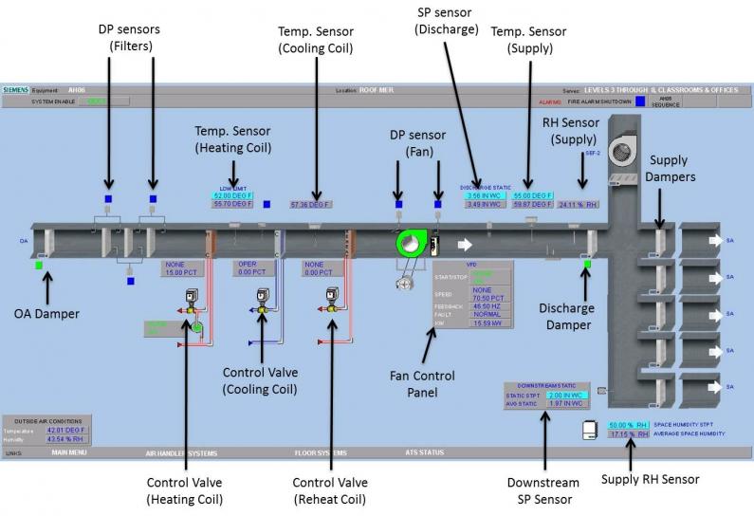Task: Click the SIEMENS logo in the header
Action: click(x=17, y=90)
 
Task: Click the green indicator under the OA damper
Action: click(x=39, y=266)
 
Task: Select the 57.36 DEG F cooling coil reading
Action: click(x=314, y=204)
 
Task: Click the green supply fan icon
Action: click(x=412, y=244)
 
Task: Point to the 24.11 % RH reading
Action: click(x=578, y=204)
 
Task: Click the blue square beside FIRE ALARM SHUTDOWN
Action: click(x=640, y=100)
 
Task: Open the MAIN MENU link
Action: click(x=69, y=452)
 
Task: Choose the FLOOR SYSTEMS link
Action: click(x=321, y=452)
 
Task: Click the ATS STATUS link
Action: click(x=424, y=452)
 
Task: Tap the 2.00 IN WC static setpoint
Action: click(x=567, y=395)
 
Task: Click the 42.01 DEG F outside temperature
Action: click(x=66, y=430)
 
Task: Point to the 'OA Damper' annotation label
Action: click(x=46, y=312)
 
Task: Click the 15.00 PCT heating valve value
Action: click(x=186, y=272)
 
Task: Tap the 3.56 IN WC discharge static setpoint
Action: click(x=484, y=195)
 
